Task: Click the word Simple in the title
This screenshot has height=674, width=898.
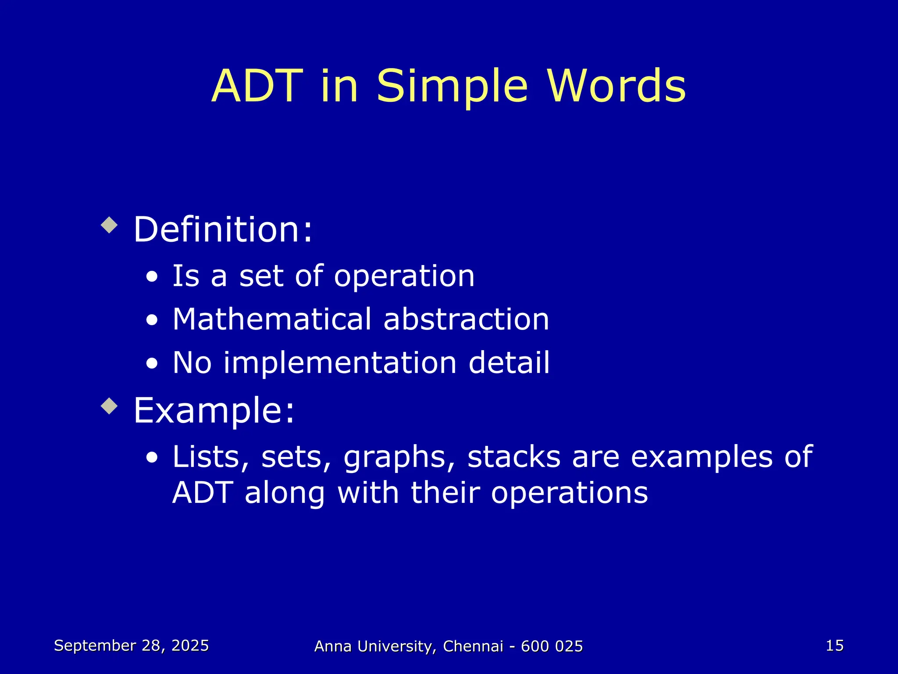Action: click(452, 86)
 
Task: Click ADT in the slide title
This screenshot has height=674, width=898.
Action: click(257, 86)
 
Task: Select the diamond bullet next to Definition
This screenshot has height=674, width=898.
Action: click(109, 226)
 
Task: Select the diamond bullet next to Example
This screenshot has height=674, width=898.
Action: click(109, 406)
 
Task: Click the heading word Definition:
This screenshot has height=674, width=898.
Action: click(223, 229)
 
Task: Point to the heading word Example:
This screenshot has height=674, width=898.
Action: click(214, 410)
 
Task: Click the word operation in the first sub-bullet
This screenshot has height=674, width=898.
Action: click(404, 276)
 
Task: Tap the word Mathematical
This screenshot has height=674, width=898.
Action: click(272, 319)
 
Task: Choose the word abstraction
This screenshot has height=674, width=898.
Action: click(466, 319)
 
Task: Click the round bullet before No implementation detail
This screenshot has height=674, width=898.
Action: click(152, 364)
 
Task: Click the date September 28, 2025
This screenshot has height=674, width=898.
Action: click(131, 645)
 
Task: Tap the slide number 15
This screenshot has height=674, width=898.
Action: click(834, 645)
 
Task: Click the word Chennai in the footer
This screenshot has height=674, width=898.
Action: click(473, 646)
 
